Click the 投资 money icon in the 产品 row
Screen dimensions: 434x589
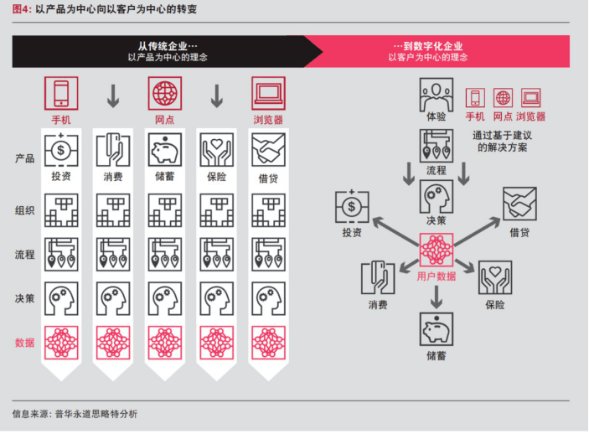tap(61, 151)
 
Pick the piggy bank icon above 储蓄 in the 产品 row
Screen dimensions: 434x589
tap(165, 151)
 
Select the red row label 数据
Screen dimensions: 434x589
tap(24, 343)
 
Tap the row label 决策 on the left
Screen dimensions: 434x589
tap(24, 298)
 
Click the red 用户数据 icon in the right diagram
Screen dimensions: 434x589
tap(436, 251)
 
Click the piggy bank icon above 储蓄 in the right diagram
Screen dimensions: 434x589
tap(436, 329)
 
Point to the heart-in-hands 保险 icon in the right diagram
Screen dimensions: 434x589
tap(495, 277)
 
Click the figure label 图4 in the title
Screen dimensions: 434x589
tap(22, 8)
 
